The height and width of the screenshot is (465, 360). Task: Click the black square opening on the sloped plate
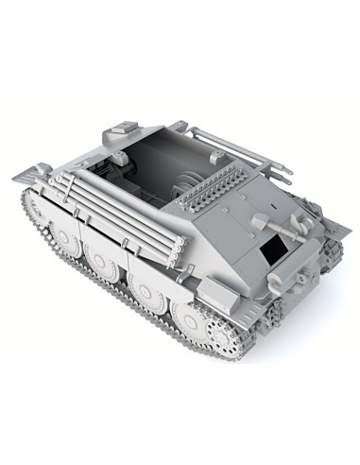pos(275,249)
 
